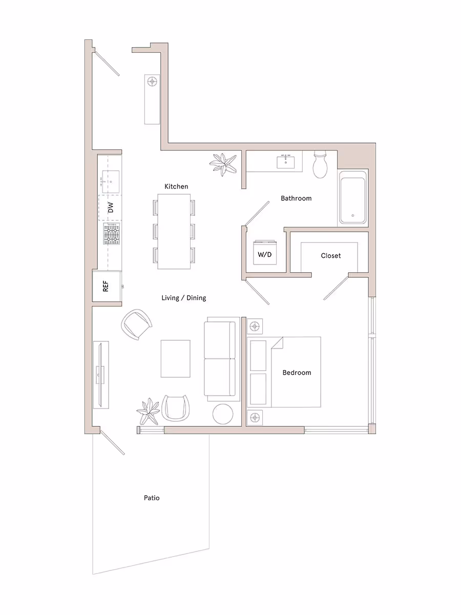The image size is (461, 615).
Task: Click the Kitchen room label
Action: click(x=176, y=187)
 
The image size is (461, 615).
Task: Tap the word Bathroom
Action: click(x=296, y=198)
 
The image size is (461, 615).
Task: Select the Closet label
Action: click(x=330, y=255)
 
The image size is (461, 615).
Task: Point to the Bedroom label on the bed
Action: click(x=297, y=373)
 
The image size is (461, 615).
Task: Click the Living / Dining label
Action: click(x=183, y=298)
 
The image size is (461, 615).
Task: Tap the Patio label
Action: click(x=152, y=498)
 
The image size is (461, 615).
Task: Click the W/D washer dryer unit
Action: click(x=264, y=254)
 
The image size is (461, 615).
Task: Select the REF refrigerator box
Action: click(x=106, y=286)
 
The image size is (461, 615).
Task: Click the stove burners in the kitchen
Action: click(x=112, y=235)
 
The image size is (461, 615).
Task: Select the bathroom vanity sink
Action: click(x=286, y=162)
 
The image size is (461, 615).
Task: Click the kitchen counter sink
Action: click(x=110, y=182)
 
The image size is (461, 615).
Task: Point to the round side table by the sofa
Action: click(x=223, y=414)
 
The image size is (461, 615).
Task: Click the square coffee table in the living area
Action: click(x=176, y=358)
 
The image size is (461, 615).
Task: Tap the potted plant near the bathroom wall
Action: click(x=223, y=165)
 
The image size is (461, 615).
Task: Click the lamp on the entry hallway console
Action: click(x=152, y=81)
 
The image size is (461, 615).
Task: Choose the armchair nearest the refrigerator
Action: click(x=137, y=324)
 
